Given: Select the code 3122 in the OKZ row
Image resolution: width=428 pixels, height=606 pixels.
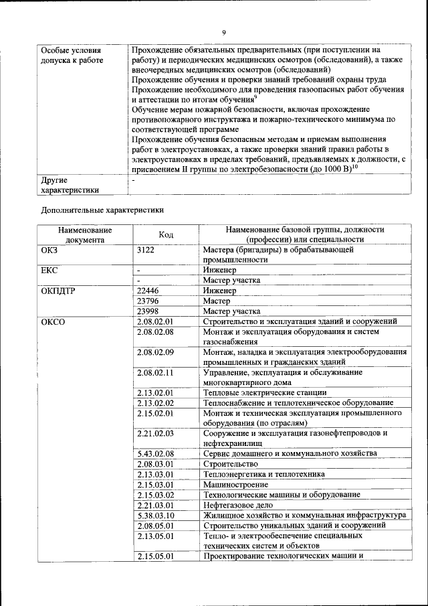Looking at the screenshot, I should pyautogui.click(x=146, y=250).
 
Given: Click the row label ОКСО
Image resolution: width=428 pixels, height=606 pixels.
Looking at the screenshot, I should pyautogui.click(x=52, y=322).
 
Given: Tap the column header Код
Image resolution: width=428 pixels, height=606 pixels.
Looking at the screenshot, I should pyautogui.click(x=166, y=234).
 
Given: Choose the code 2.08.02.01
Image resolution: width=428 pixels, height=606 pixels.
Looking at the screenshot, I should pyautogui.click(x=155, y=322).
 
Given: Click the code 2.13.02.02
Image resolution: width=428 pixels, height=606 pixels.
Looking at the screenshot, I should pyautogui.click(x=155, y=403).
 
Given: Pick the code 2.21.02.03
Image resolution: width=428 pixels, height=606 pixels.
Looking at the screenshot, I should pyautogui.click(x=155, y=433).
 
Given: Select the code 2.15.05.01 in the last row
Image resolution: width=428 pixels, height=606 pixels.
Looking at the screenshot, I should pyautogui.click(x=155, y=556).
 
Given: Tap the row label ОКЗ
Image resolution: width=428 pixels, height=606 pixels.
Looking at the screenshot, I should pyautogui.click(x=50, y=250).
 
